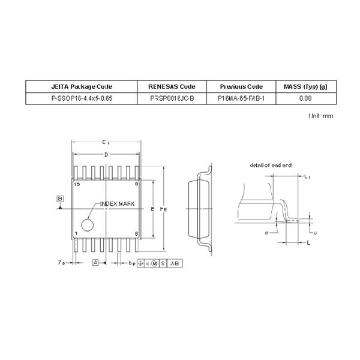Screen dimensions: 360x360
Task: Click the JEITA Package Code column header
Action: (x=82, y=86)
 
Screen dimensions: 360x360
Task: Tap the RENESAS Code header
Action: (x=172, y=86)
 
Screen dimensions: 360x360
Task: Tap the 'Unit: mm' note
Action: (x=320, y=115)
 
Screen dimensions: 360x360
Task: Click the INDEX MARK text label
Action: (x=117, y=204)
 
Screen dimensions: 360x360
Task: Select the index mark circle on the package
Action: (x=88, y=225)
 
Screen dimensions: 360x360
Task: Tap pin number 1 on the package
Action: (x=76, y=233)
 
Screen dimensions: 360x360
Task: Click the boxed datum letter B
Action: (x=60, y=198)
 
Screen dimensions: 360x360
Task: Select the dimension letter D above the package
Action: (x=106, y=155)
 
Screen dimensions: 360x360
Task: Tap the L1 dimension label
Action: (x=307, y=177)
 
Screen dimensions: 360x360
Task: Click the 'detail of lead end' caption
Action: (x=270, y=164)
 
